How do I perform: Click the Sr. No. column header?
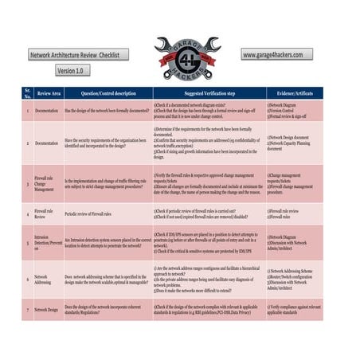[28, 92]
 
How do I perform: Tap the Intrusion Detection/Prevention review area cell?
[45, 243]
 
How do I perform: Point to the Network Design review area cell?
[46, 309]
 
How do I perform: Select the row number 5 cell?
[28, 243]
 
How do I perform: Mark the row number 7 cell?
[28, 309]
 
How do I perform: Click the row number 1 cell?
[28, 111]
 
